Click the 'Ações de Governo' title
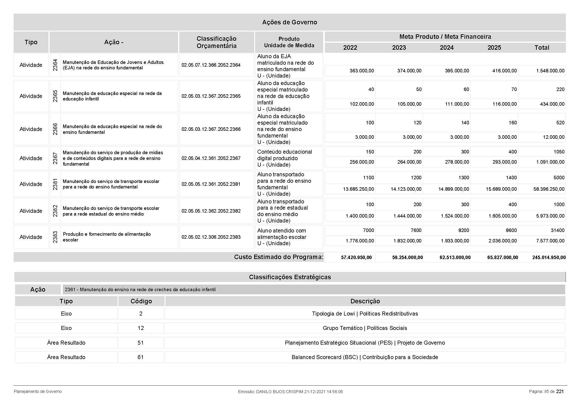(x=289, y=22)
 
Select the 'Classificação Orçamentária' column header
(x=216, y=42)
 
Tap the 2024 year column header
(x=447, y=47)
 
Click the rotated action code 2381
(x=55, y=184)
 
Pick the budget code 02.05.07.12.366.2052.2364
(x=211, y=65)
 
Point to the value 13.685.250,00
(x=358, y=189)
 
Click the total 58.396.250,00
(x=549, y=189)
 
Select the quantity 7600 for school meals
(x=416, y=230)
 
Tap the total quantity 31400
(x=557, y=230)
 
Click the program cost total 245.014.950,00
(x=549, y=258)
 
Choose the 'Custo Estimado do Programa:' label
(x=278, y=257)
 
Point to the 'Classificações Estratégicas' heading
(x=290, y=277)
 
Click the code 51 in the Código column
(x=140, y=343)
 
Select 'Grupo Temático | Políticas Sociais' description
(x=365, y=328)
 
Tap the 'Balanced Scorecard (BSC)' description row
(x=365, y=357)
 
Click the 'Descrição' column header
(x=365, y=301)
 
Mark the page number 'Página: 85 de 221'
(x=546, y=392)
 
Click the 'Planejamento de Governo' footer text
(x=38, y=392)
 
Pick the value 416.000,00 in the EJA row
(x=504, y=71)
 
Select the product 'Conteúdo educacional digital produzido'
(x=284, y=155)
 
